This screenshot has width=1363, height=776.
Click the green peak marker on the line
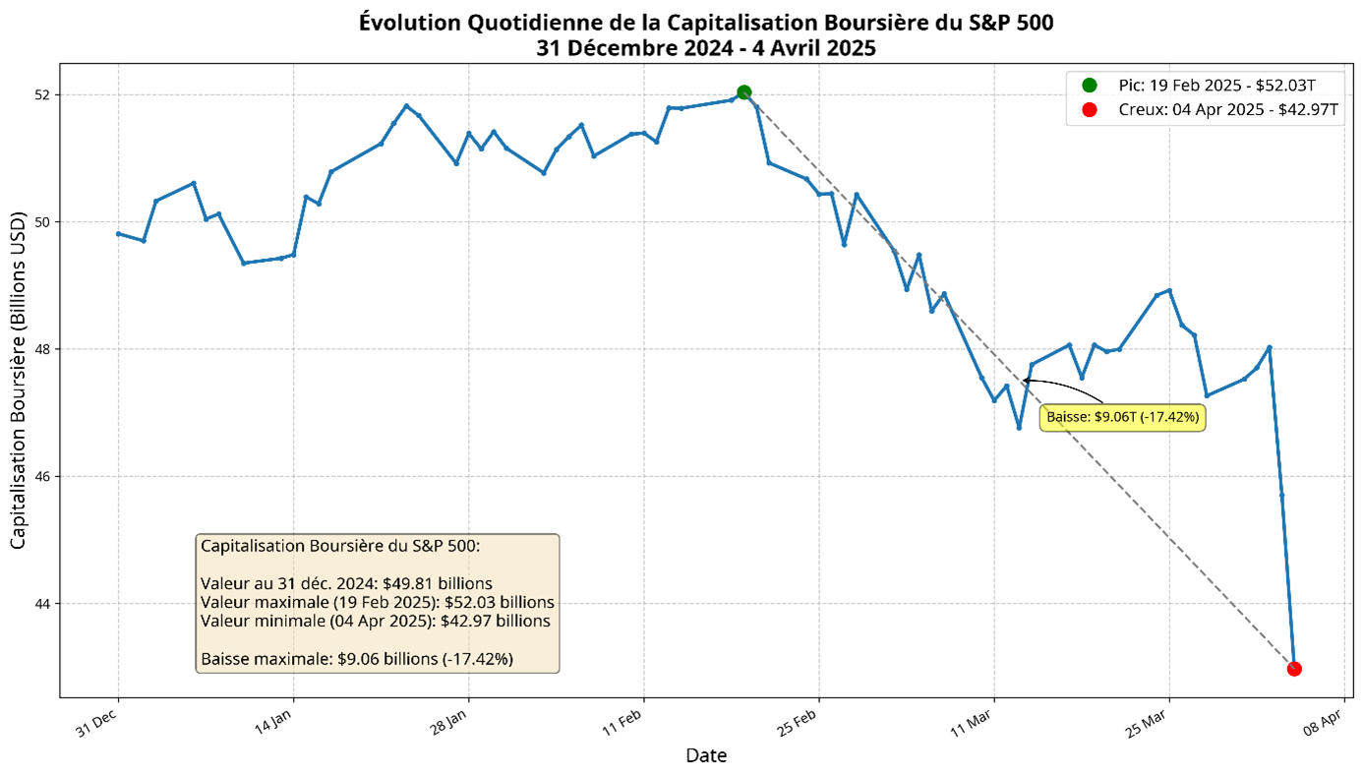click(x=744, y=92)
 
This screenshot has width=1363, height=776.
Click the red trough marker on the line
click(x=1294, y=669)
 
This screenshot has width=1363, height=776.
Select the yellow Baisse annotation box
click(x=1122, y=417)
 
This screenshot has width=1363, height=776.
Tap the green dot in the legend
click(x=1089, y=86)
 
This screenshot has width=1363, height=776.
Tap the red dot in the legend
click(x=1089, y=110)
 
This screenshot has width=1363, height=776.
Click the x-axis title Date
click(x=706, y=755)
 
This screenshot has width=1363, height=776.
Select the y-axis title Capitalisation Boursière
click(x=19, y=384)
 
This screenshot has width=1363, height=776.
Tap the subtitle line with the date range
click(x=706, y=47)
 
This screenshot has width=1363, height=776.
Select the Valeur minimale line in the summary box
click(x=375, y=621)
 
